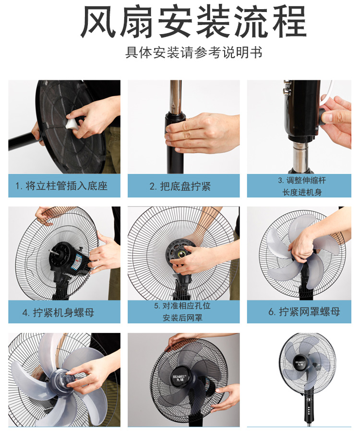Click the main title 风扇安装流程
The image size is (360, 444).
coord(193,22)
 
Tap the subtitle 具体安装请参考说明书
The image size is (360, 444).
coord(194,52)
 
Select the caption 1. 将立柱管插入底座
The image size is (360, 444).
coord(61,186)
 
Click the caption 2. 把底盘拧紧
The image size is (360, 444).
coord(180,186)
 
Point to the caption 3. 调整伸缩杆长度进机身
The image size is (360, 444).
coord(302,186)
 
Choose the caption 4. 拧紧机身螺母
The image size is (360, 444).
coord(58,312)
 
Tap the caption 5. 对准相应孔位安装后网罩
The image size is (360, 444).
coord(182,311)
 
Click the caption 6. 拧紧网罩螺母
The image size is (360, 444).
coord(304,311)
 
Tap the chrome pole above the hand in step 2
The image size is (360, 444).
coord(176,96)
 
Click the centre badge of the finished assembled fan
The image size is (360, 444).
coord(300,364)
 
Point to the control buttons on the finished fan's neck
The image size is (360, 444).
coord(310,410)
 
